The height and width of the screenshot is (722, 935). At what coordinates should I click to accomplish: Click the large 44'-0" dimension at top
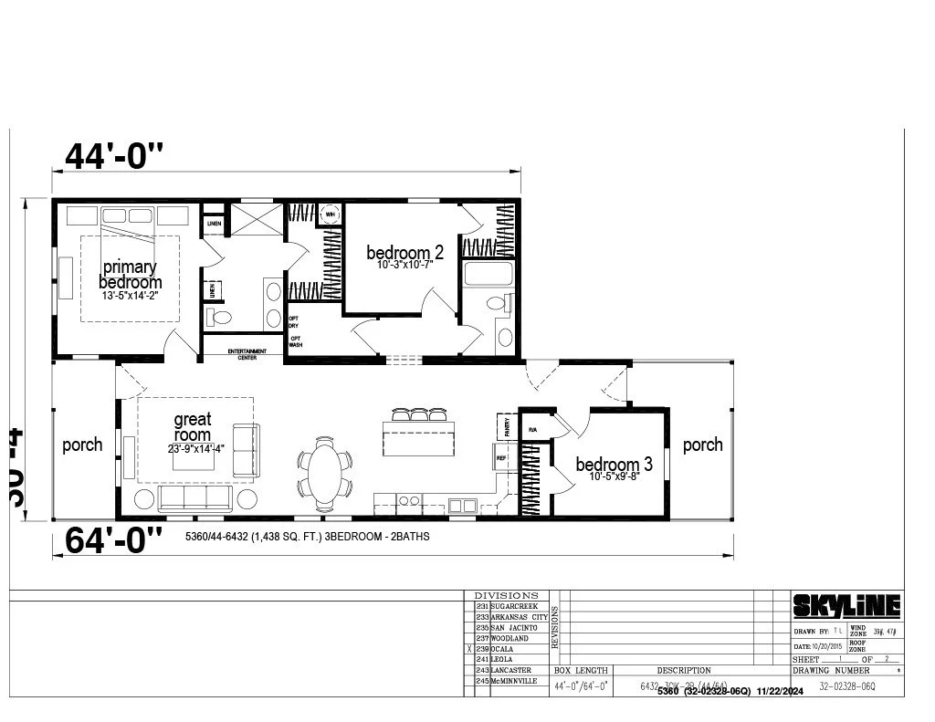point(114,157)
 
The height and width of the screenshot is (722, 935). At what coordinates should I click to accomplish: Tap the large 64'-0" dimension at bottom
point(114,540)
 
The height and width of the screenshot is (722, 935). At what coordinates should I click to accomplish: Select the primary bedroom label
point(130,275)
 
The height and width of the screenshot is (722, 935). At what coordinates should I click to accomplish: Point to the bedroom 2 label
point(405,252)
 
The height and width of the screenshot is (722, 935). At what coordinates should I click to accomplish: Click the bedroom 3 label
point(614,465)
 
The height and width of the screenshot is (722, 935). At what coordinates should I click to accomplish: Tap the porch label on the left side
point(82,445)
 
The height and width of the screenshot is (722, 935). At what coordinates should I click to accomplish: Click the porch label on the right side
point(702,445)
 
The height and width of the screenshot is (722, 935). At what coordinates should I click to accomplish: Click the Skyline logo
point(846,605)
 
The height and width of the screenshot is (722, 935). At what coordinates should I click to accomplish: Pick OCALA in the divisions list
point(507,649)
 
